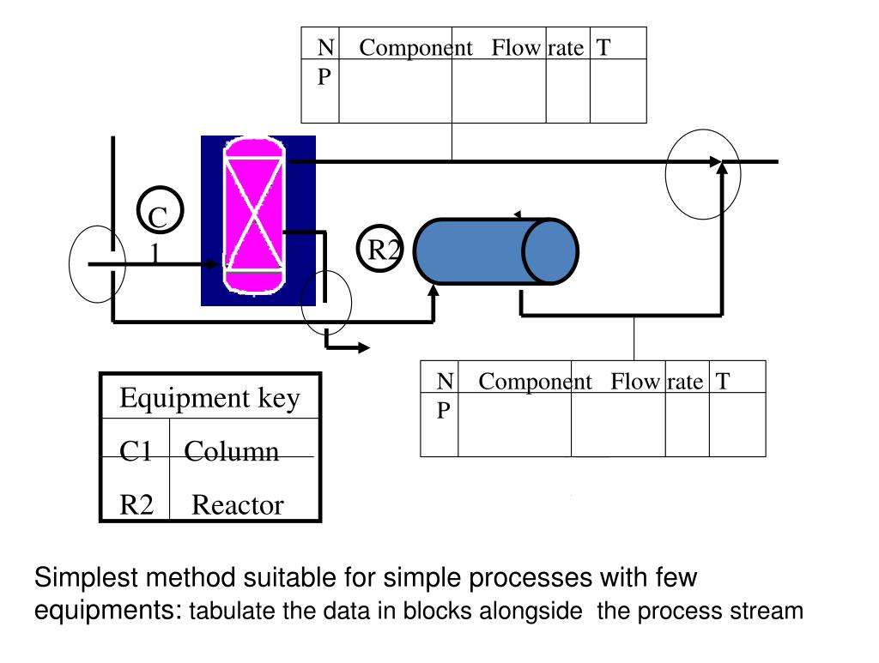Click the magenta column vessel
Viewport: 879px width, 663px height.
pyautogui.click(x=254, y=215)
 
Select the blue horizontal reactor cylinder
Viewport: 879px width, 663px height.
pyautogui.click(x=496, y=251)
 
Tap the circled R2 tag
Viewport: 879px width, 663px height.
pyautogui.click(x=380, y=249)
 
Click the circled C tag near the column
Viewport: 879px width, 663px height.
pyautogui.click(x=161, y=210)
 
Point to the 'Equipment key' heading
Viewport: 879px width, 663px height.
pyautogui.click(x=209, y=398)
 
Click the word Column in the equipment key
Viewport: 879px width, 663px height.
pyautogui.click(x=232, y=451)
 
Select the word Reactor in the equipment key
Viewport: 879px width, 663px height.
pyautogui.click(x=238, y=505)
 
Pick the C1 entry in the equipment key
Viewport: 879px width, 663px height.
pyautogui.click(x=136, y=451)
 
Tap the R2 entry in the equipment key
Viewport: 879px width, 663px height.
pyautogui.click(x=136, y=505)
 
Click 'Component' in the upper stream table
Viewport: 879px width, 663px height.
pyautogui.click(x=416, y=48)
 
